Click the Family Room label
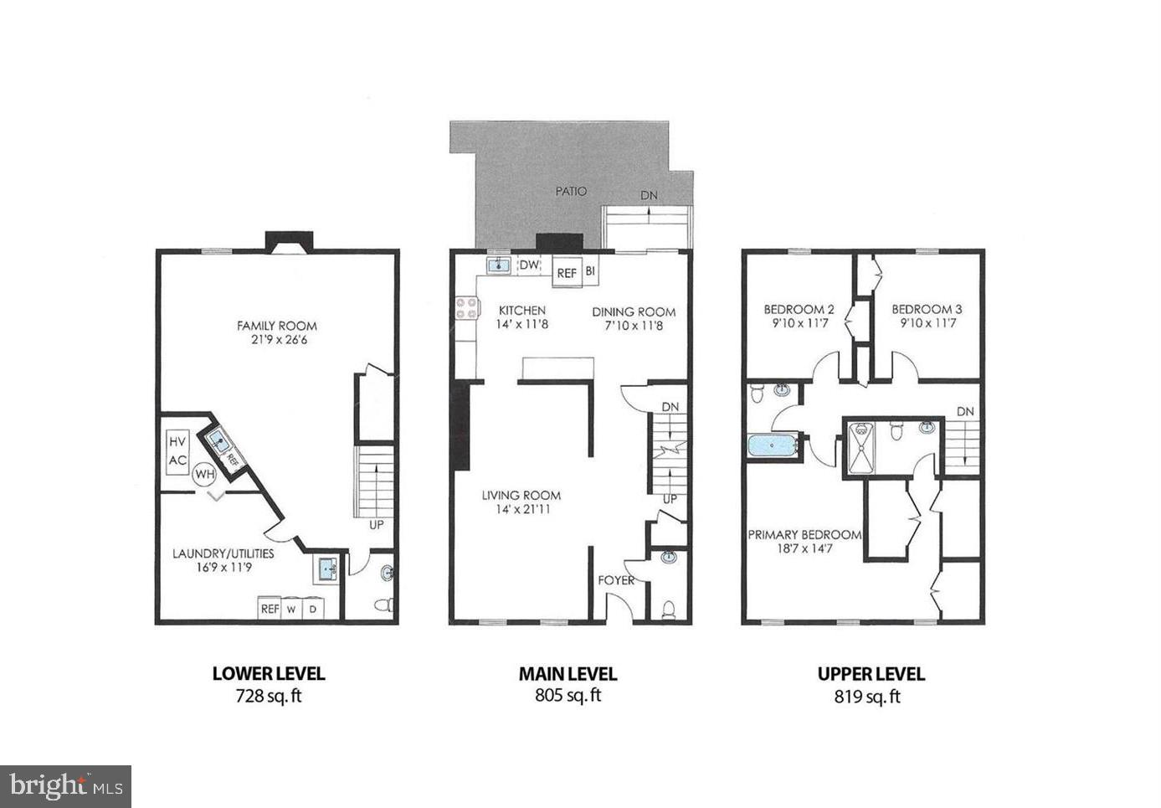click(276, 326)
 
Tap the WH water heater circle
click(204, 474)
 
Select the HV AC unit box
click(177, 451)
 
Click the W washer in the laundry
click(291, 609)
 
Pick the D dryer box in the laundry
click(313, 609)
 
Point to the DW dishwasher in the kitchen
click(529, 265)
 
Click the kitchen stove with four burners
click(466, 308)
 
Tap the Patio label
click(571, 191)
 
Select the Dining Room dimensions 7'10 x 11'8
click(634, 325)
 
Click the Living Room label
click(521, 495)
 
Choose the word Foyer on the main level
click(615, 579)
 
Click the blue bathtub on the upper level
click(773, 445)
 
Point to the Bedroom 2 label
click(799, 309)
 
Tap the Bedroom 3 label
click(927, 309)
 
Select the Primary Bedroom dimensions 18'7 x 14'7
click(804, 548)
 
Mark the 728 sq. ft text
click(268, 696)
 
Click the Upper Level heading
click(871, 673)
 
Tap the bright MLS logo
click(65, 786)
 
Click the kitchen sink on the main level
click(499, 265)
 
